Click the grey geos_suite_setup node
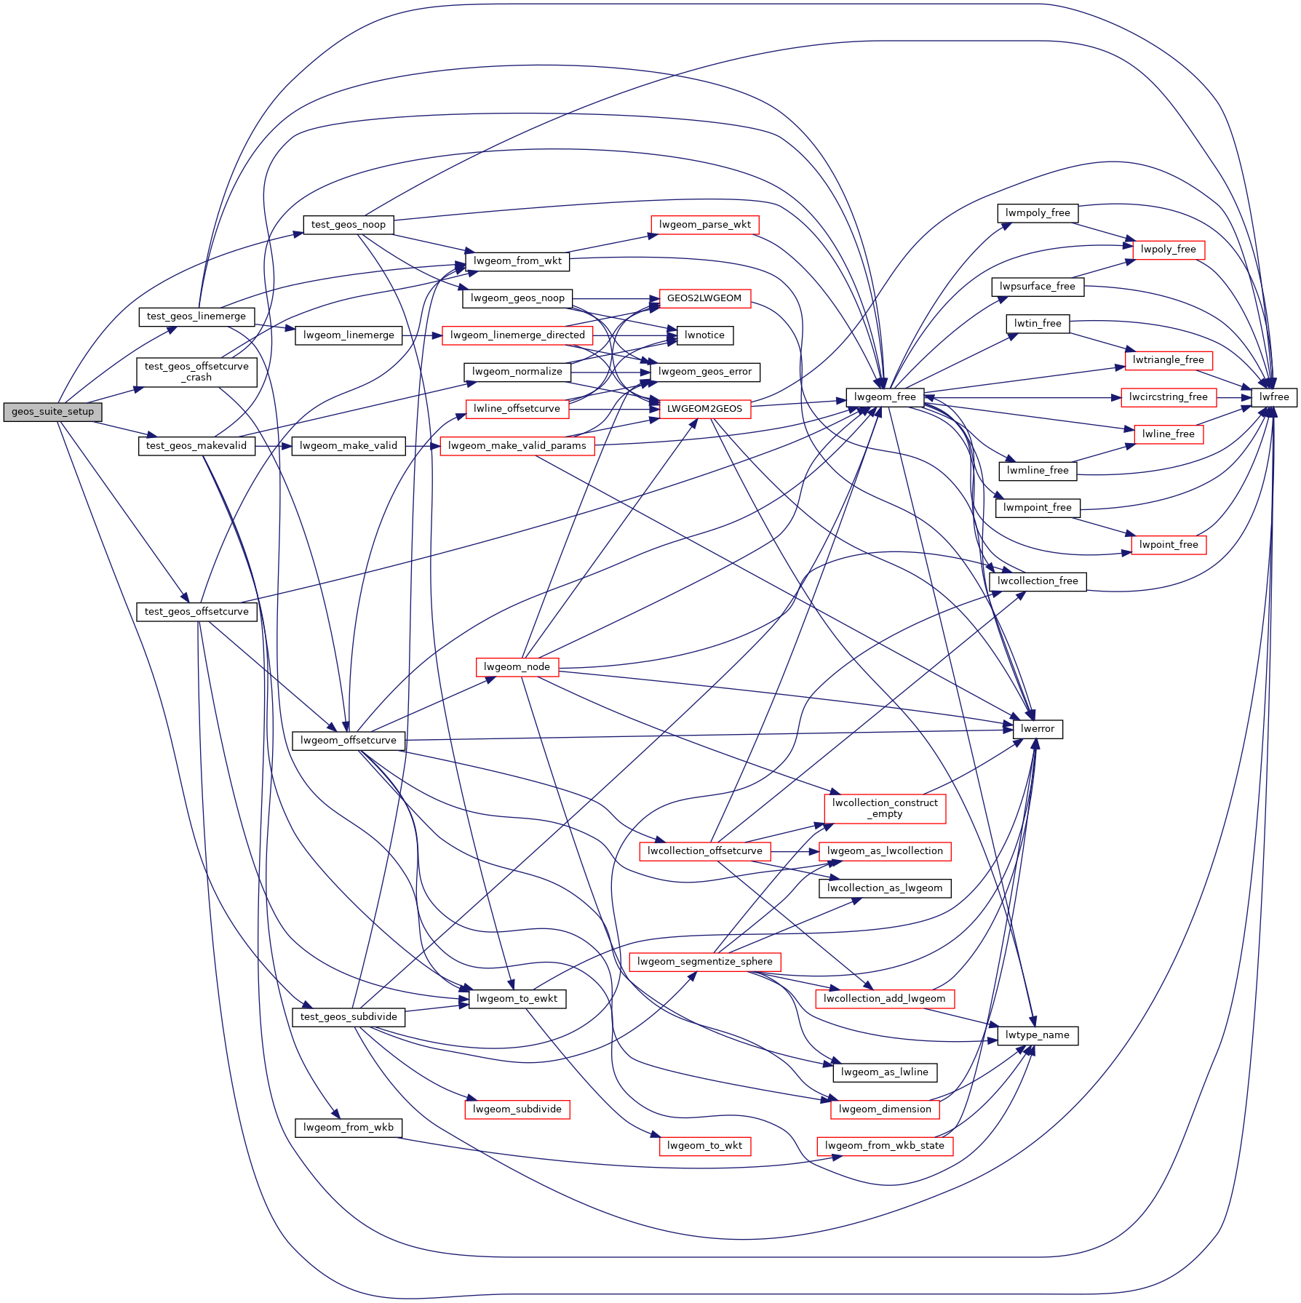coord(52,412)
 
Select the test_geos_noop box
coord(348,225)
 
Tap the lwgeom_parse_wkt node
coord(704,225)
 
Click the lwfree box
coord(1274,397)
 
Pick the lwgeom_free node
coord(885,397)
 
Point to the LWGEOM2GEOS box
coord(704,409)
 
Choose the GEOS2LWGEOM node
coord(704,298)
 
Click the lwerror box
coord(1038,729)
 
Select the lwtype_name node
coord(1037,1035)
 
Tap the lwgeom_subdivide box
coord(517,1109)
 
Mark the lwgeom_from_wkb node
coord(348,1128)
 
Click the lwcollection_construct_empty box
coord(885,808)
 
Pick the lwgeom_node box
coord(517,667)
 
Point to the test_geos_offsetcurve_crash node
coord(196,372)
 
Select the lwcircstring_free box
coord(1168,397)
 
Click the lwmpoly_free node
coord(1037,213)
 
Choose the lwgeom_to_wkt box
coord(704,1146)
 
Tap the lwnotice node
coord(704,335)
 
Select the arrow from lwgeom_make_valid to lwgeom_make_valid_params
coord(423,446)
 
